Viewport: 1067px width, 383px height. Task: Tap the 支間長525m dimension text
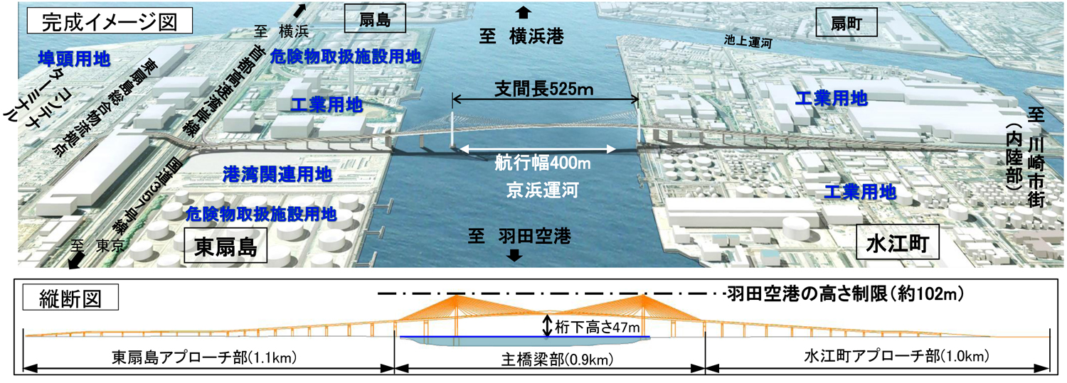[x=545, y=90]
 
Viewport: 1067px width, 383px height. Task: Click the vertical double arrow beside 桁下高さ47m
[x=547, y=325]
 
